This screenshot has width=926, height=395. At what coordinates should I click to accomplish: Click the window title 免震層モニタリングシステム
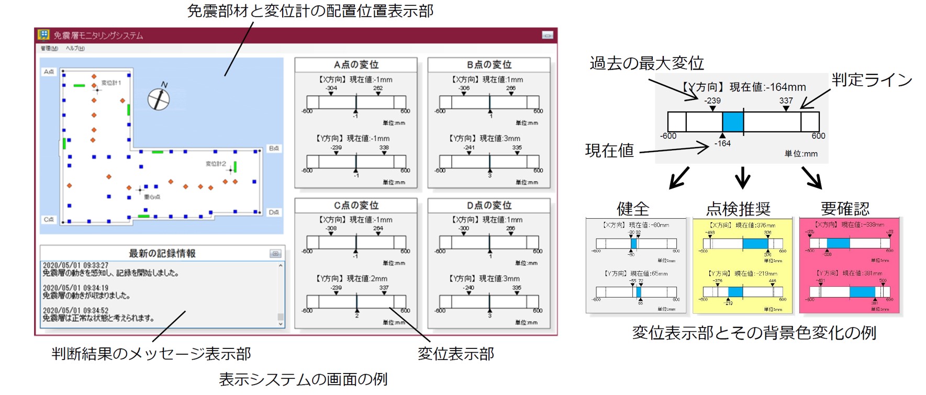pos(98,36)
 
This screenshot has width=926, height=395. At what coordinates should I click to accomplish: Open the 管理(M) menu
pos(49,49)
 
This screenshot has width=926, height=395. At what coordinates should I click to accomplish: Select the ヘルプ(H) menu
pos(75,49)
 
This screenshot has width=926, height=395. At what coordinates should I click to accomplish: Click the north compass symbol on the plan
pos(159,98)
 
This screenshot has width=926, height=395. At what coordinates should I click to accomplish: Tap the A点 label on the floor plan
pos(49,72)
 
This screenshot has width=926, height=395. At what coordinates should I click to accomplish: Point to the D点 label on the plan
pos(274,212)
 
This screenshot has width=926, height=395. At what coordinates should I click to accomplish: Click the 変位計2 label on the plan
pos(216,164)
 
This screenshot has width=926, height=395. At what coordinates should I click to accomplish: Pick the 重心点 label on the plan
pos(152,197)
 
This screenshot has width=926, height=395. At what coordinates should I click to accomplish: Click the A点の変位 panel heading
pos(356,65)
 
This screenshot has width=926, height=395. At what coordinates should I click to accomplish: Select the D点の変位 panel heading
pos(489,206)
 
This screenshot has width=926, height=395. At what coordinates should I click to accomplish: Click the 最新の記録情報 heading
pos(162,253)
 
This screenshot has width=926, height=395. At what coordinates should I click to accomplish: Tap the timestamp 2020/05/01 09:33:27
pos(75,266)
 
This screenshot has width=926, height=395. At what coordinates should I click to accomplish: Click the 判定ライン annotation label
pos(872,80)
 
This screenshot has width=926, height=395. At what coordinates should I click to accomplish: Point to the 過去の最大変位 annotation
pos(646,63)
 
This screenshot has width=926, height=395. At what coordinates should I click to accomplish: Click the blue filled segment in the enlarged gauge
pos(732,121)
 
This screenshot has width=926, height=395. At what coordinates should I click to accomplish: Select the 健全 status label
pos(633,209)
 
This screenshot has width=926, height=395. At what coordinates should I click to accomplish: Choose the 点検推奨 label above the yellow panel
pos(738,209)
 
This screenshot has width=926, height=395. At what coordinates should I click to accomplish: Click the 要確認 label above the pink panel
pos(845,209)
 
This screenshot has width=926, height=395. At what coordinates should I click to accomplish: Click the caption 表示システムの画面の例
pos(303,379)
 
